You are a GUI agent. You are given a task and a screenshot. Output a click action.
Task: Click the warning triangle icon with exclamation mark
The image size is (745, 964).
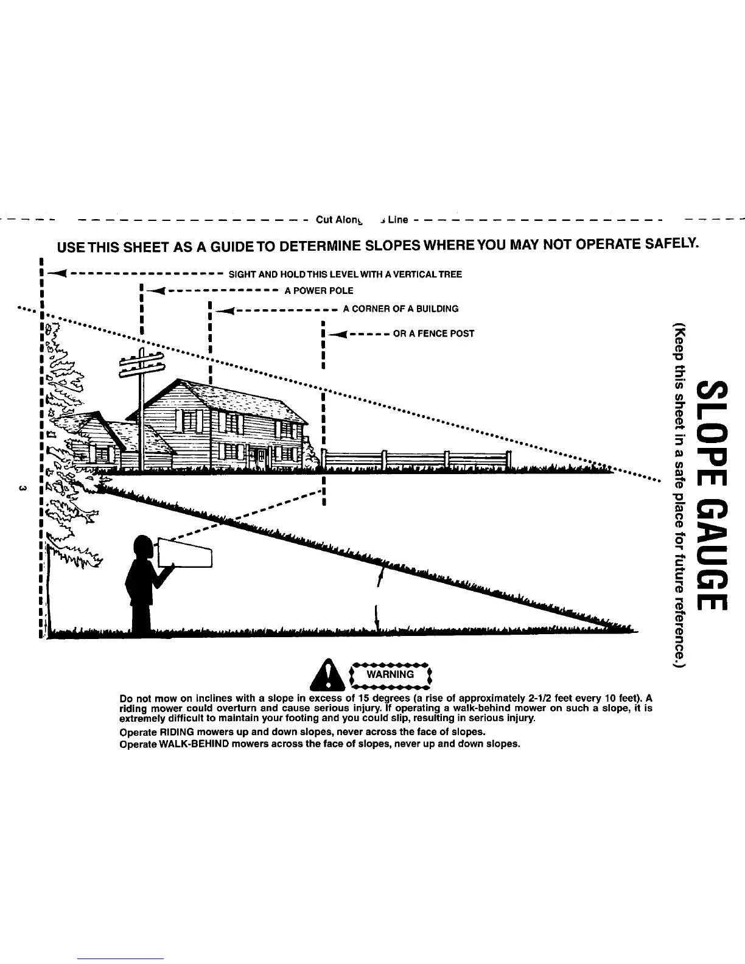[x=331, y=676]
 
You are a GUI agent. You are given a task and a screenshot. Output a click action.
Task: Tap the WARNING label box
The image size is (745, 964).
[x=390, y=675]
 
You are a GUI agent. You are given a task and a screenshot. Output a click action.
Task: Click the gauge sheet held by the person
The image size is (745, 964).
[x=186, y=553]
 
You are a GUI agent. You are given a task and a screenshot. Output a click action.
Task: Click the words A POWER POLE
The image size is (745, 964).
[x=318, y=291]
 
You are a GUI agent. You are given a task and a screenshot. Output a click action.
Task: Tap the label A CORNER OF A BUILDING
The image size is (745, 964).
[x=400, y=309]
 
